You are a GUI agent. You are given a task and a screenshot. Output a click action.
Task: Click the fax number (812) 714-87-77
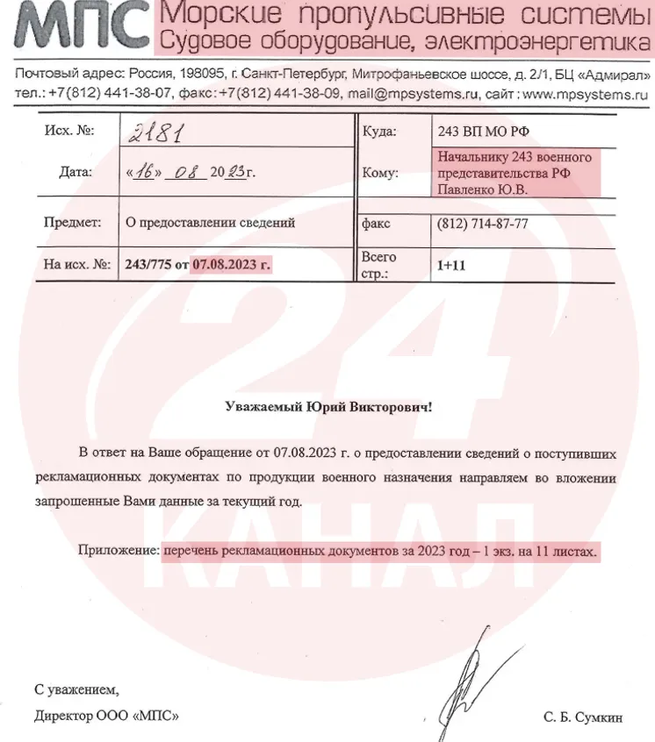(x=482, y=224)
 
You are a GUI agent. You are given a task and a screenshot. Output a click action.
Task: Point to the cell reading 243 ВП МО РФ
(x=483, y=132)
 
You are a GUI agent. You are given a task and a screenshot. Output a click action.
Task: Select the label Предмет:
(x=73, y=223)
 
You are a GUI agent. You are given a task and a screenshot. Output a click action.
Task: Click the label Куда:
(x=379, y=132)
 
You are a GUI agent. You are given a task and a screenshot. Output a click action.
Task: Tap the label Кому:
(x=380, y=174)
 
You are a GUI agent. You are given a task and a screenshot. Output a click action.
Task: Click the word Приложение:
(x=118, y=553)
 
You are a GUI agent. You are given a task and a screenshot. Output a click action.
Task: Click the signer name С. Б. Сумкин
(x=582, y=717)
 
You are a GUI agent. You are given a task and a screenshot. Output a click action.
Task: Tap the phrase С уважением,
(x=76, y=688)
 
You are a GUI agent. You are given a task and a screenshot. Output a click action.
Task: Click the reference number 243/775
(x=148, y=264)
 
